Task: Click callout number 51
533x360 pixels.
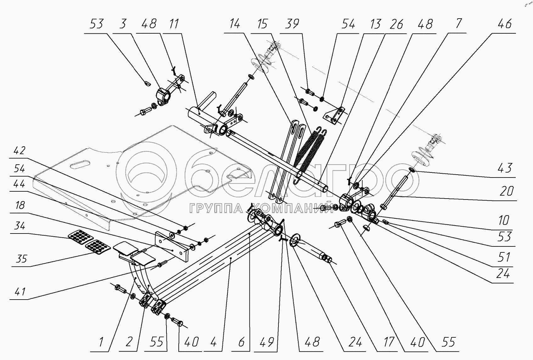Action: click(504, 257)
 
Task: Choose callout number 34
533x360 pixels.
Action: click(20, 226)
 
